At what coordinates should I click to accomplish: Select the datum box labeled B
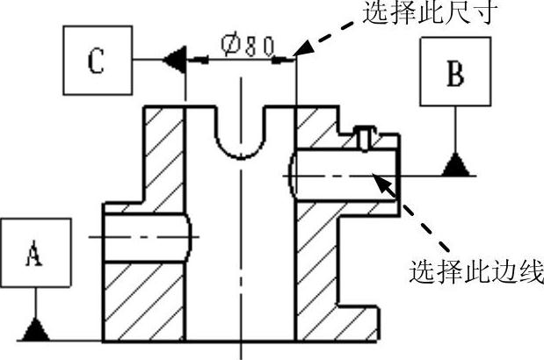tap(453, 76)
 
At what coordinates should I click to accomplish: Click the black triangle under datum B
tap(454, 164)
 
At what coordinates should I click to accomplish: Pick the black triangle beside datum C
tap(172, 60)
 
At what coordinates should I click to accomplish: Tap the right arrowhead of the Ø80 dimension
tap(288, 60)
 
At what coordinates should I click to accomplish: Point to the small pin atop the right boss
tap(366, 137)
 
